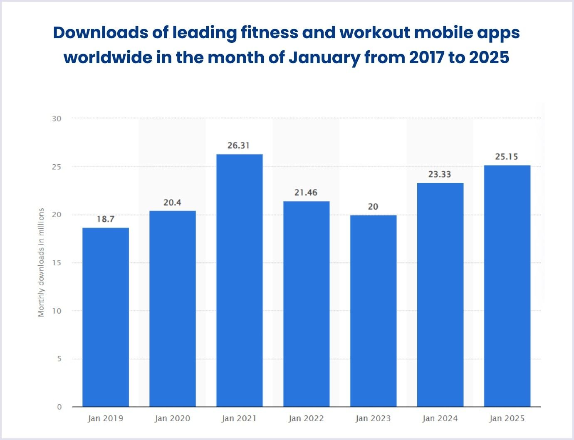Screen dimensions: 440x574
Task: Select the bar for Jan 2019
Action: [x=106, y=317]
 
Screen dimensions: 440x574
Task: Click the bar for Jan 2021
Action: [x=239, y=280]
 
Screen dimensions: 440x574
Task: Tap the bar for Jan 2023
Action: [x=373, y=311]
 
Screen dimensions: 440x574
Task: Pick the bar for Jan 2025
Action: [x=507, y=286]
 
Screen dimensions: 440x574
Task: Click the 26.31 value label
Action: [x=239, y=146]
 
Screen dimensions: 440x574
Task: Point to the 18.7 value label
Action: [x=106, y=219]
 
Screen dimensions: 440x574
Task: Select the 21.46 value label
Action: [x=306, y=193]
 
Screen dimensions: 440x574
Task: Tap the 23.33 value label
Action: [x=440, y=174]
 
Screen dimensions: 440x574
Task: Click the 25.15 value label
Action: [x=507, y=157]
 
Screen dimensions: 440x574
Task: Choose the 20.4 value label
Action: [x=172, y=203]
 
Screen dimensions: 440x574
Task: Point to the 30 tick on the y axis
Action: [x=57, y=119]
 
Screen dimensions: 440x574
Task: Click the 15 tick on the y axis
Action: [x=57, y=263]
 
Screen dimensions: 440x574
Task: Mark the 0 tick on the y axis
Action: [x=59, y=407]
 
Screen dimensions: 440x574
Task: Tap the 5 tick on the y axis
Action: [x=59, y=358]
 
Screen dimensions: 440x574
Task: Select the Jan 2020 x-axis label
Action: [x=172, y=418]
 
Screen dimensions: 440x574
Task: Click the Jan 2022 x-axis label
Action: [x=306, y=418]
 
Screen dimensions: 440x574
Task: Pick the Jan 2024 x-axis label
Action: [x=440, y=418]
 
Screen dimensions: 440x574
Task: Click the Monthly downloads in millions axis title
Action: [x=41, y=263]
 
